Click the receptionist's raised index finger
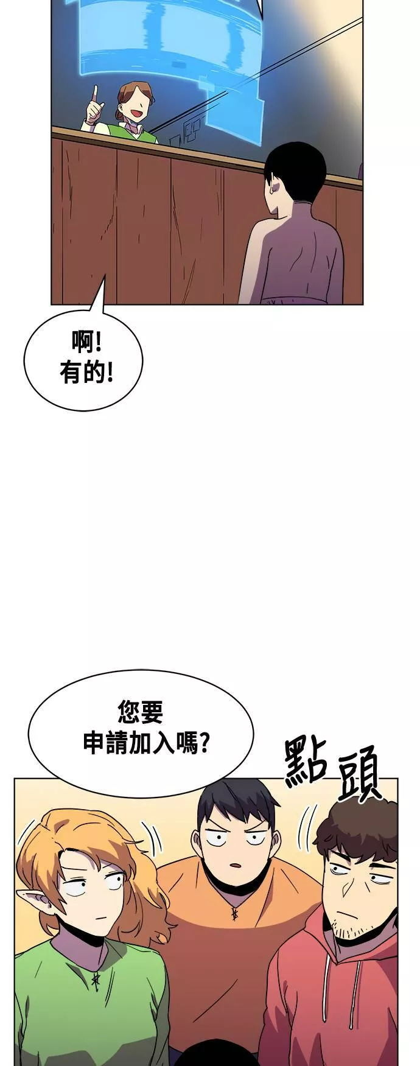pos(94,93)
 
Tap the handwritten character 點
pos(305,761)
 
